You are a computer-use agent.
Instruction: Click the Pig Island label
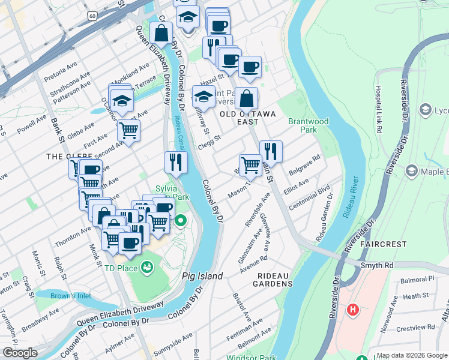pos(202,277)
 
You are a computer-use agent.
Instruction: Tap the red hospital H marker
pos(354,310)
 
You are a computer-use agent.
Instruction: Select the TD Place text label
pos(121,268)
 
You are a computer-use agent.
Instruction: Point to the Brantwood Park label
pos(309,125)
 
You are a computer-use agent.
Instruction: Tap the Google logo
pos(20,353)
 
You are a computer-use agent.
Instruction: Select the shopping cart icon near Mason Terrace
pos(250,164)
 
